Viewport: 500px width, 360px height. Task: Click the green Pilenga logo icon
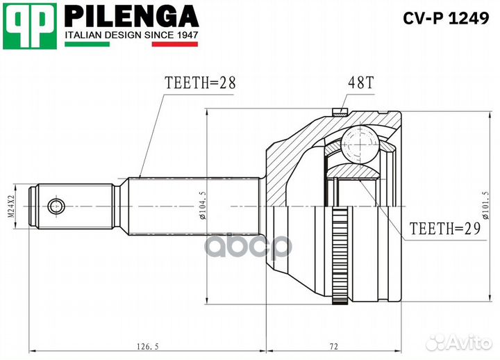pyautogui.click(x=29, y=26)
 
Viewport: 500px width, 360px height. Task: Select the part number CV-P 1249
pyautogui.click(x=447, y=17)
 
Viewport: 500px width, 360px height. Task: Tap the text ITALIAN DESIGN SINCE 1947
pyautogui.click(x=132, y=34)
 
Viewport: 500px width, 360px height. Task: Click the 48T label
pyautogui.click(x=360, y=82)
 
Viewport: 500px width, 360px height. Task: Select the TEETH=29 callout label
pyautogui.click(x=445, y=227)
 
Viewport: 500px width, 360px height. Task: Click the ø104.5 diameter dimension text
pyautogui.click(x=201, y=206)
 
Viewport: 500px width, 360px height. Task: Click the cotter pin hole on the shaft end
pyautogui.click(x=56, y=206)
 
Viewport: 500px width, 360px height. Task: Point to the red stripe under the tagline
pyautogui.click(x=175, y=44)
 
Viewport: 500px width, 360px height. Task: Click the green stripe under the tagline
pyautogui.click(x=87, y=44)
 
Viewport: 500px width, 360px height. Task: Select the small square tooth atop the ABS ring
pyautogui.click(x=340, y=111)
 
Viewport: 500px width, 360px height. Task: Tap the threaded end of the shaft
pyautogui.click(x=31, y=206)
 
